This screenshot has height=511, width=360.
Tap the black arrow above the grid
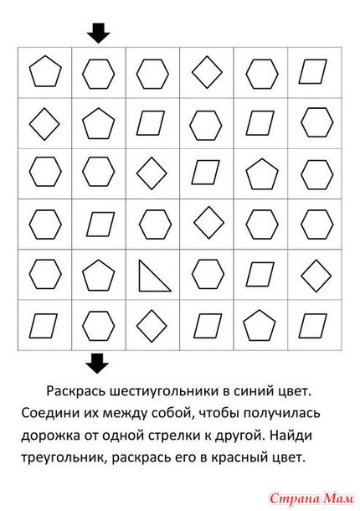[x=99, y=33]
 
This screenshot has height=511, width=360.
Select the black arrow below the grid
[x=97, y=364]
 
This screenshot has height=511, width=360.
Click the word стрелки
[x=173, y=436]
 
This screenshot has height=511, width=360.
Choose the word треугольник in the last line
[x=64, y=458]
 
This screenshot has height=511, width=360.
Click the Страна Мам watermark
[x=311, y=498]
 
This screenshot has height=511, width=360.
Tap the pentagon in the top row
[x=45, y=71]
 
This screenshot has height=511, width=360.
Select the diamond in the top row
[x=207, y=72]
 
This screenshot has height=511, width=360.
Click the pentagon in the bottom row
[x=260, y=326]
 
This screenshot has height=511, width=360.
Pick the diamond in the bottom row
[x=152, y=326]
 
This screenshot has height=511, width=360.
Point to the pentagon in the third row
[x=262, y=174]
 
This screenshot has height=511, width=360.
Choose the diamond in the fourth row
[x=208, y=223]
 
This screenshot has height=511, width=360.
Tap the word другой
[x=238, y=436]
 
